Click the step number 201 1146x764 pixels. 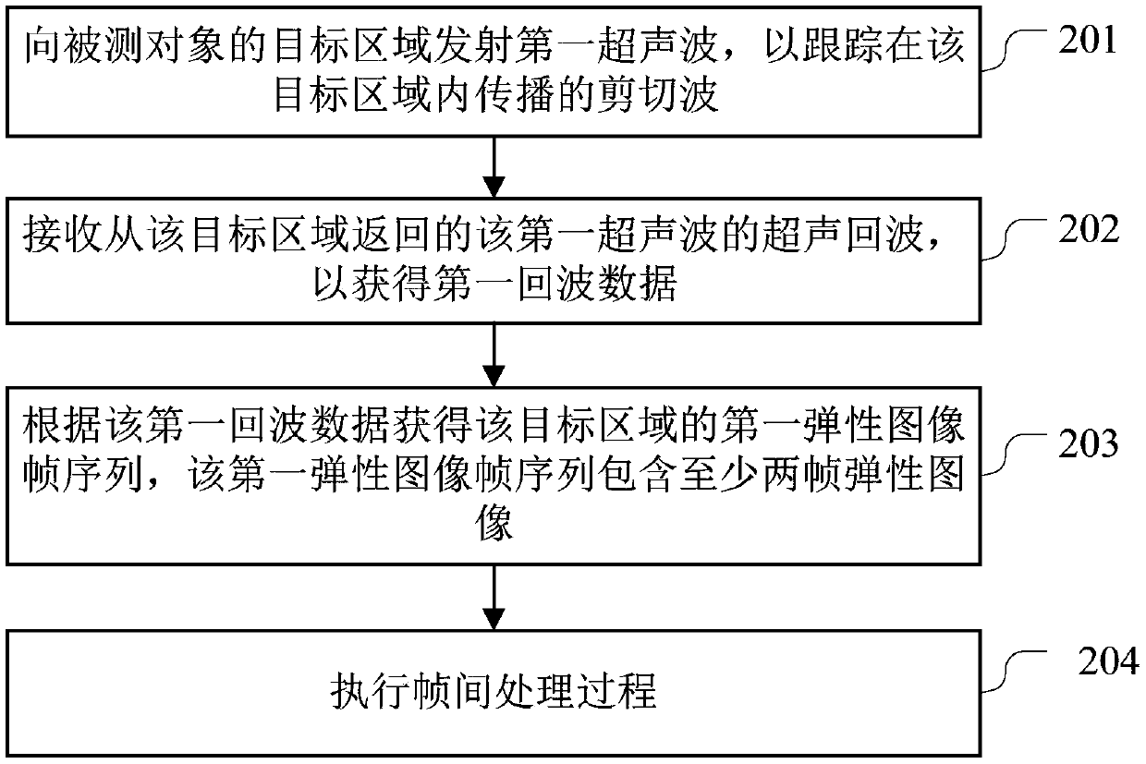(1088, 42)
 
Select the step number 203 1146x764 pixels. (1088, 444)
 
